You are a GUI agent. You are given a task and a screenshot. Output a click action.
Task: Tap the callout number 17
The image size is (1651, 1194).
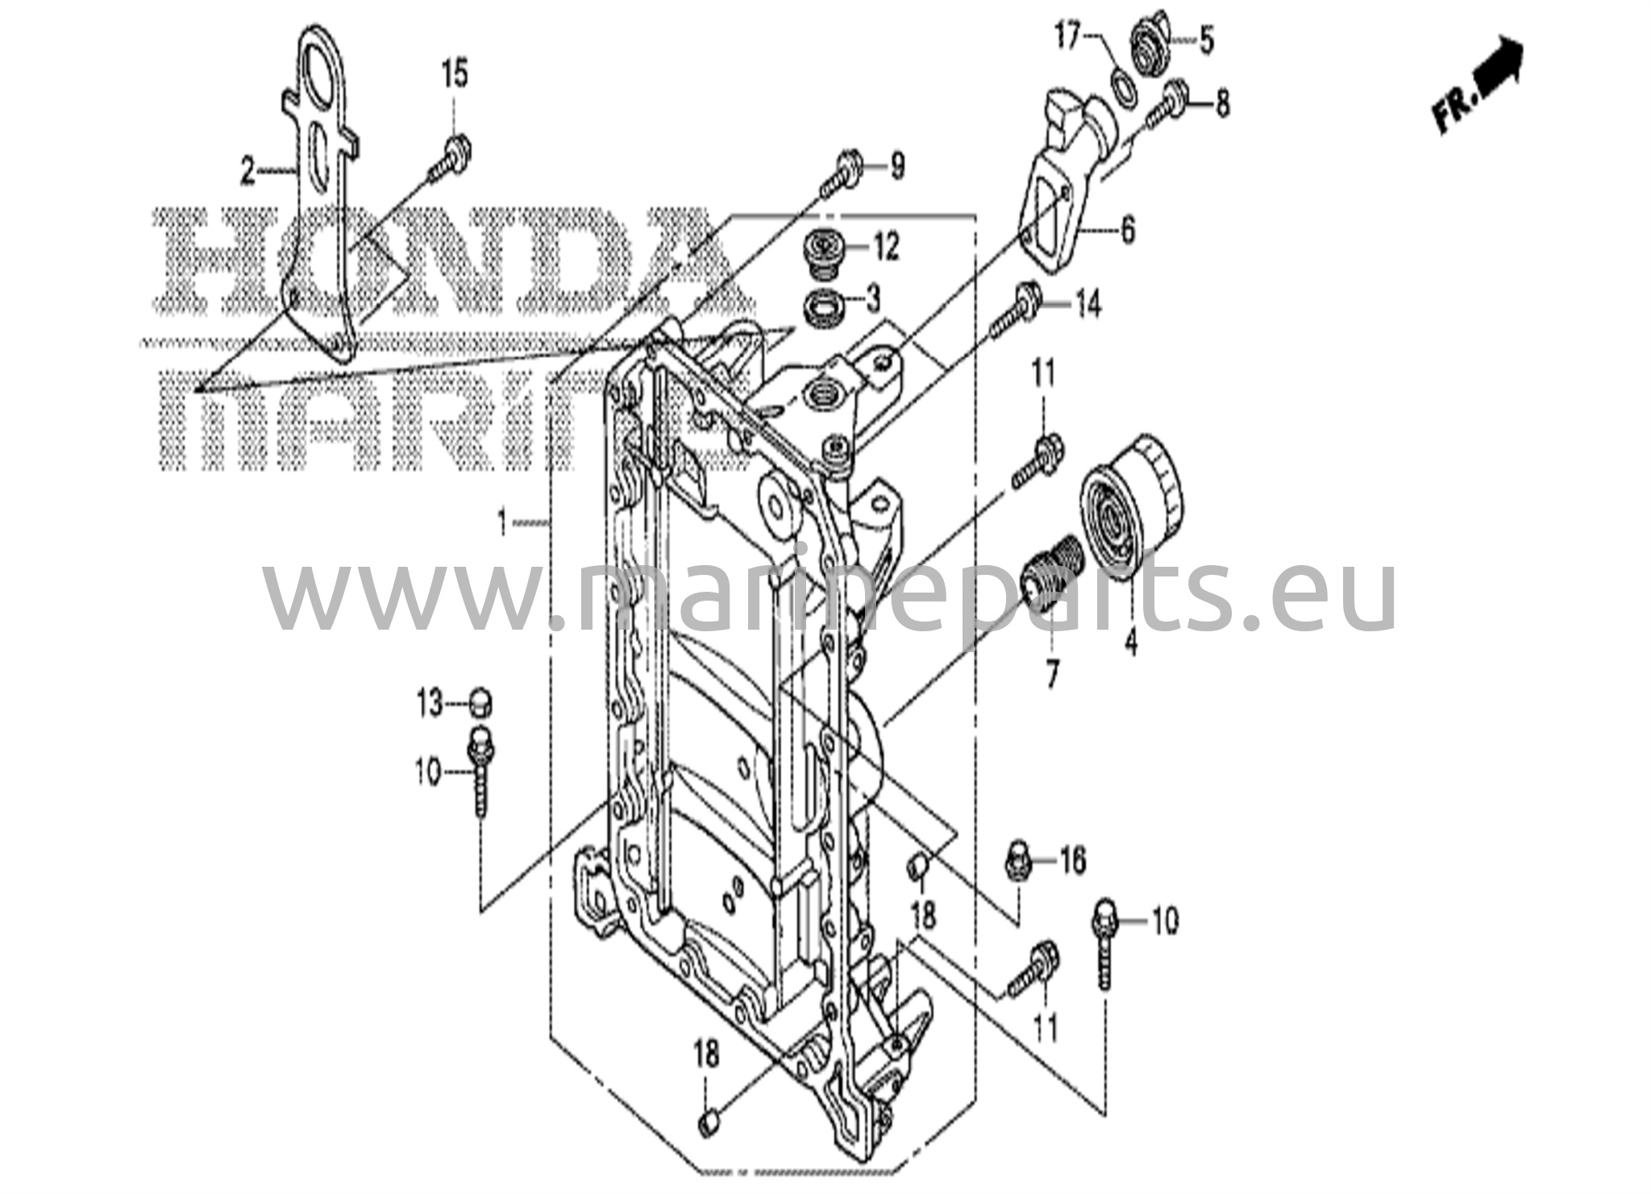pyautogui.click(x=1067, y=37)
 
